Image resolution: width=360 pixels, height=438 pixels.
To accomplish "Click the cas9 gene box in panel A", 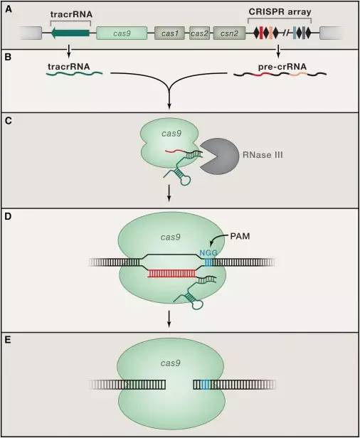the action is (x=122, y=33).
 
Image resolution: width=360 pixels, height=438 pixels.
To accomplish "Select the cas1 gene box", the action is (x=171, y=33).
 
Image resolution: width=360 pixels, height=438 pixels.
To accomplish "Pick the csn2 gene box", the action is (x=230, y=33).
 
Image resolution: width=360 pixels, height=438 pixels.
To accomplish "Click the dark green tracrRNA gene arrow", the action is (x=70, y=33).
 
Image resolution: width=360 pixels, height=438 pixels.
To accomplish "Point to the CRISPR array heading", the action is (x=280, y=14).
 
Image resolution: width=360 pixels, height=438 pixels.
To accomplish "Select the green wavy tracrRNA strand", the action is (x=74, y=73).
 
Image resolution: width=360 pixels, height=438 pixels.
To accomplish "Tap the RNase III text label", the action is (x=263, y=155).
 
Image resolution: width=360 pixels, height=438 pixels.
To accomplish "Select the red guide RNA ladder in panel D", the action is (x=172, y=274).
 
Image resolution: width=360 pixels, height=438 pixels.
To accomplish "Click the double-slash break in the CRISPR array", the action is (x=286, y=33).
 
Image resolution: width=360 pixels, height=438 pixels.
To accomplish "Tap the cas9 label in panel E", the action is (x=171, y=363).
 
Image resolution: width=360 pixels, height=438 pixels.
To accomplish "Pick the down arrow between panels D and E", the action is (x=169, y=321).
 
